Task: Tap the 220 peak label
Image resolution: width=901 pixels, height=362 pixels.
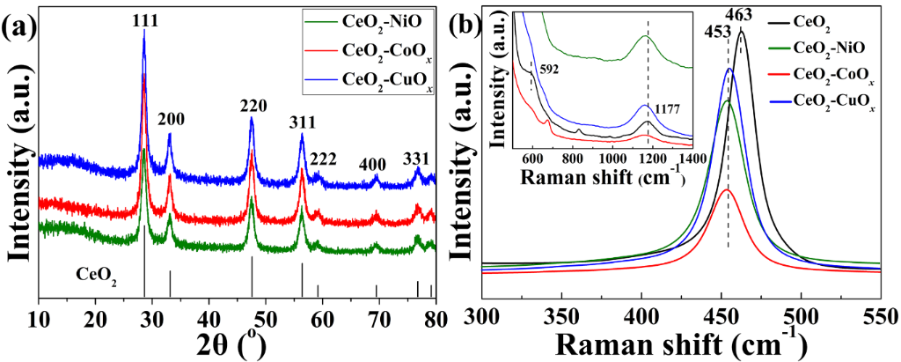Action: (x=253, y=106)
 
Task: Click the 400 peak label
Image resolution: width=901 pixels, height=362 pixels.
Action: (x=375, y=165)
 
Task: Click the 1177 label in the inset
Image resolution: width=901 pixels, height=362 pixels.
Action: (x=665, y=107)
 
